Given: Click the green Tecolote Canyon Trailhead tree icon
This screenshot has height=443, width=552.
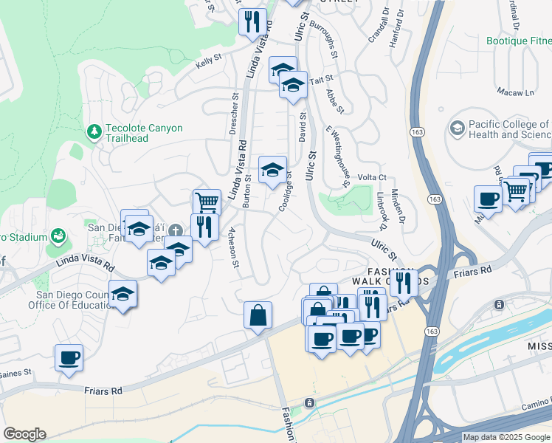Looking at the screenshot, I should pos(94,132).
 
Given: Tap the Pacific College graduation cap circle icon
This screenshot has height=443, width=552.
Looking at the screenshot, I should pos(457,129).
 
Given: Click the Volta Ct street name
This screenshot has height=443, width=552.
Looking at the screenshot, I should pos(372,177).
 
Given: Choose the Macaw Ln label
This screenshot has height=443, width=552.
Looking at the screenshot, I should pos(516,92).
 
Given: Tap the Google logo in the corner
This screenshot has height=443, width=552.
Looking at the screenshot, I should pos(24,434).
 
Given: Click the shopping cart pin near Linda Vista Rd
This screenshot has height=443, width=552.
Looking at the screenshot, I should pos(207,201).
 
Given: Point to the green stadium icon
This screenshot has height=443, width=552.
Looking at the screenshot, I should pos(58,237).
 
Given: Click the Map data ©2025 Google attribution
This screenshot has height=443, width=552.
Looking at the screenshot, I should pos(506,437).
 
